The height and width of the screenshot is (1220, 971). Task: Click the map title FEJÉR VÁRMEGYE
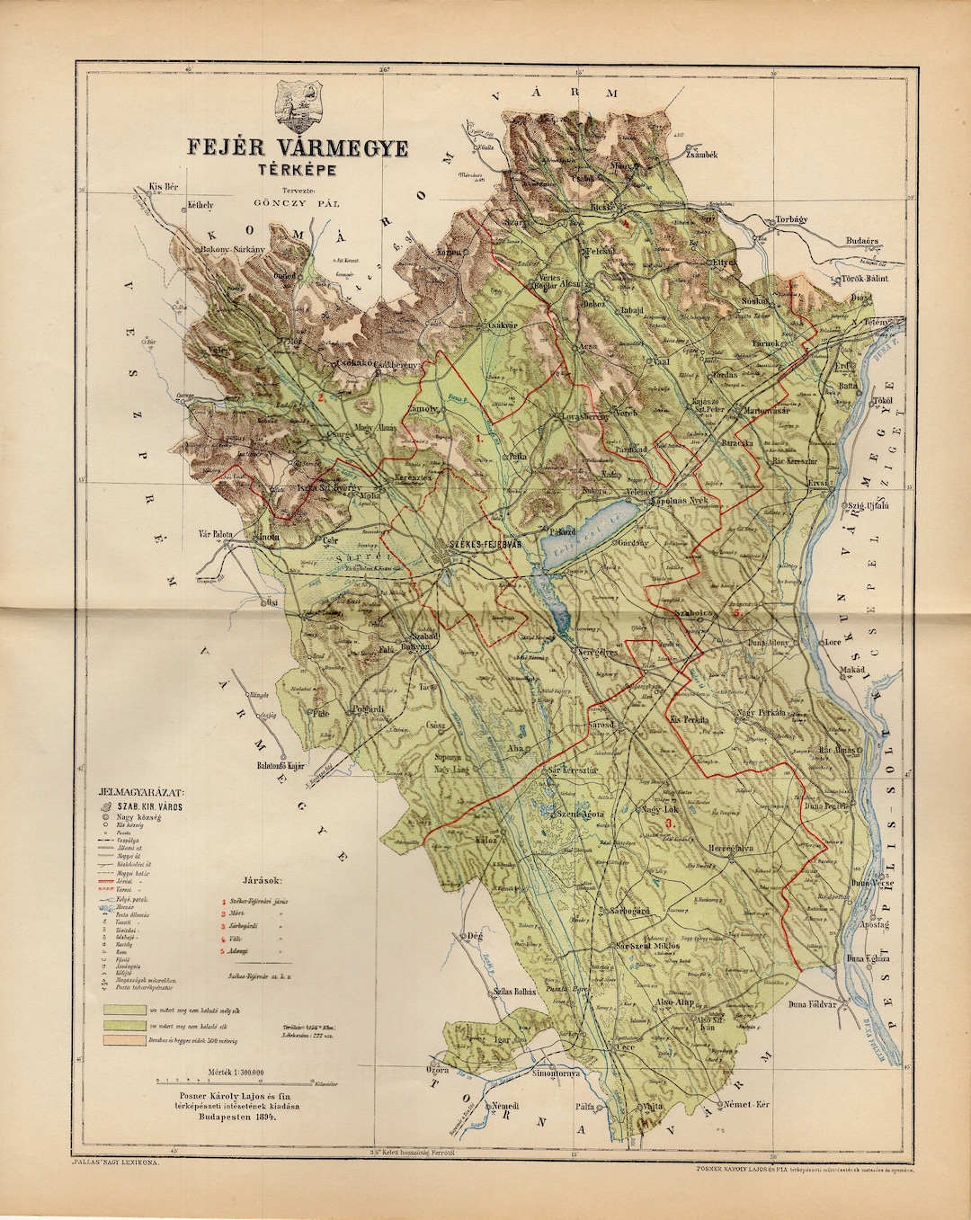point(296,147)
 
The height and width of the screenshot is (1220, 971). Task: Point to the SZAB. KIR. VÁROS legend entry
point(158,807)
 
